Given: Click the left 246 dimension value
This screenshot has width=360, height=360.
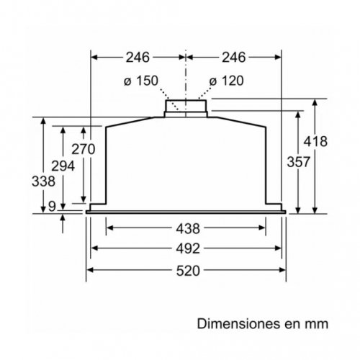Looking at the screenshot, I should point(138,55).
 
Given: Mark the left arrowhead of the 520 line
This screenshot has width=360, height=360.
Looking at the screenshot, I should point(91,271).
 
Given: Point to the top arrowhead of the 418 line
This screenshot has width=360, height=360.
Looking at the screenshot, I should point(315,103).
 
